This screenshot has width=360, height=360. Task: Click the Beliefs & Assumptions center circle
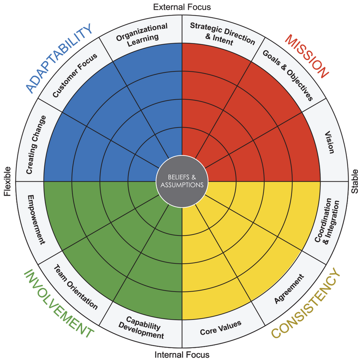pyautogui.click(x=182, y=181)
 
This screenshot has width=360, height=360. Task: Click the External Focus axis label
pyautogui.click(x=182, y=7)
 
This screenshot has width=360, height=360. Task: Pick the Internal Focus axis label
pyautogui.click(x=182, y=354)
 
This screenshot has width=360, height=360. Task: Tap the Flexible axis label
pyautogui.click(x=7, y=181)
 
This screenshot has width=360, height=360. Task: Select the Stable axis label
pyautogui.click(x=354, y=181)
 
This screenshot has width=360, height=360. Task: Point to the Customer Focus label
pyautogui.click(x=75, y=76)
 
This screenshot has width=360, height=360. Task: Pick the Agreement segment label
pyautogui.click(x=289, y=289)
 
